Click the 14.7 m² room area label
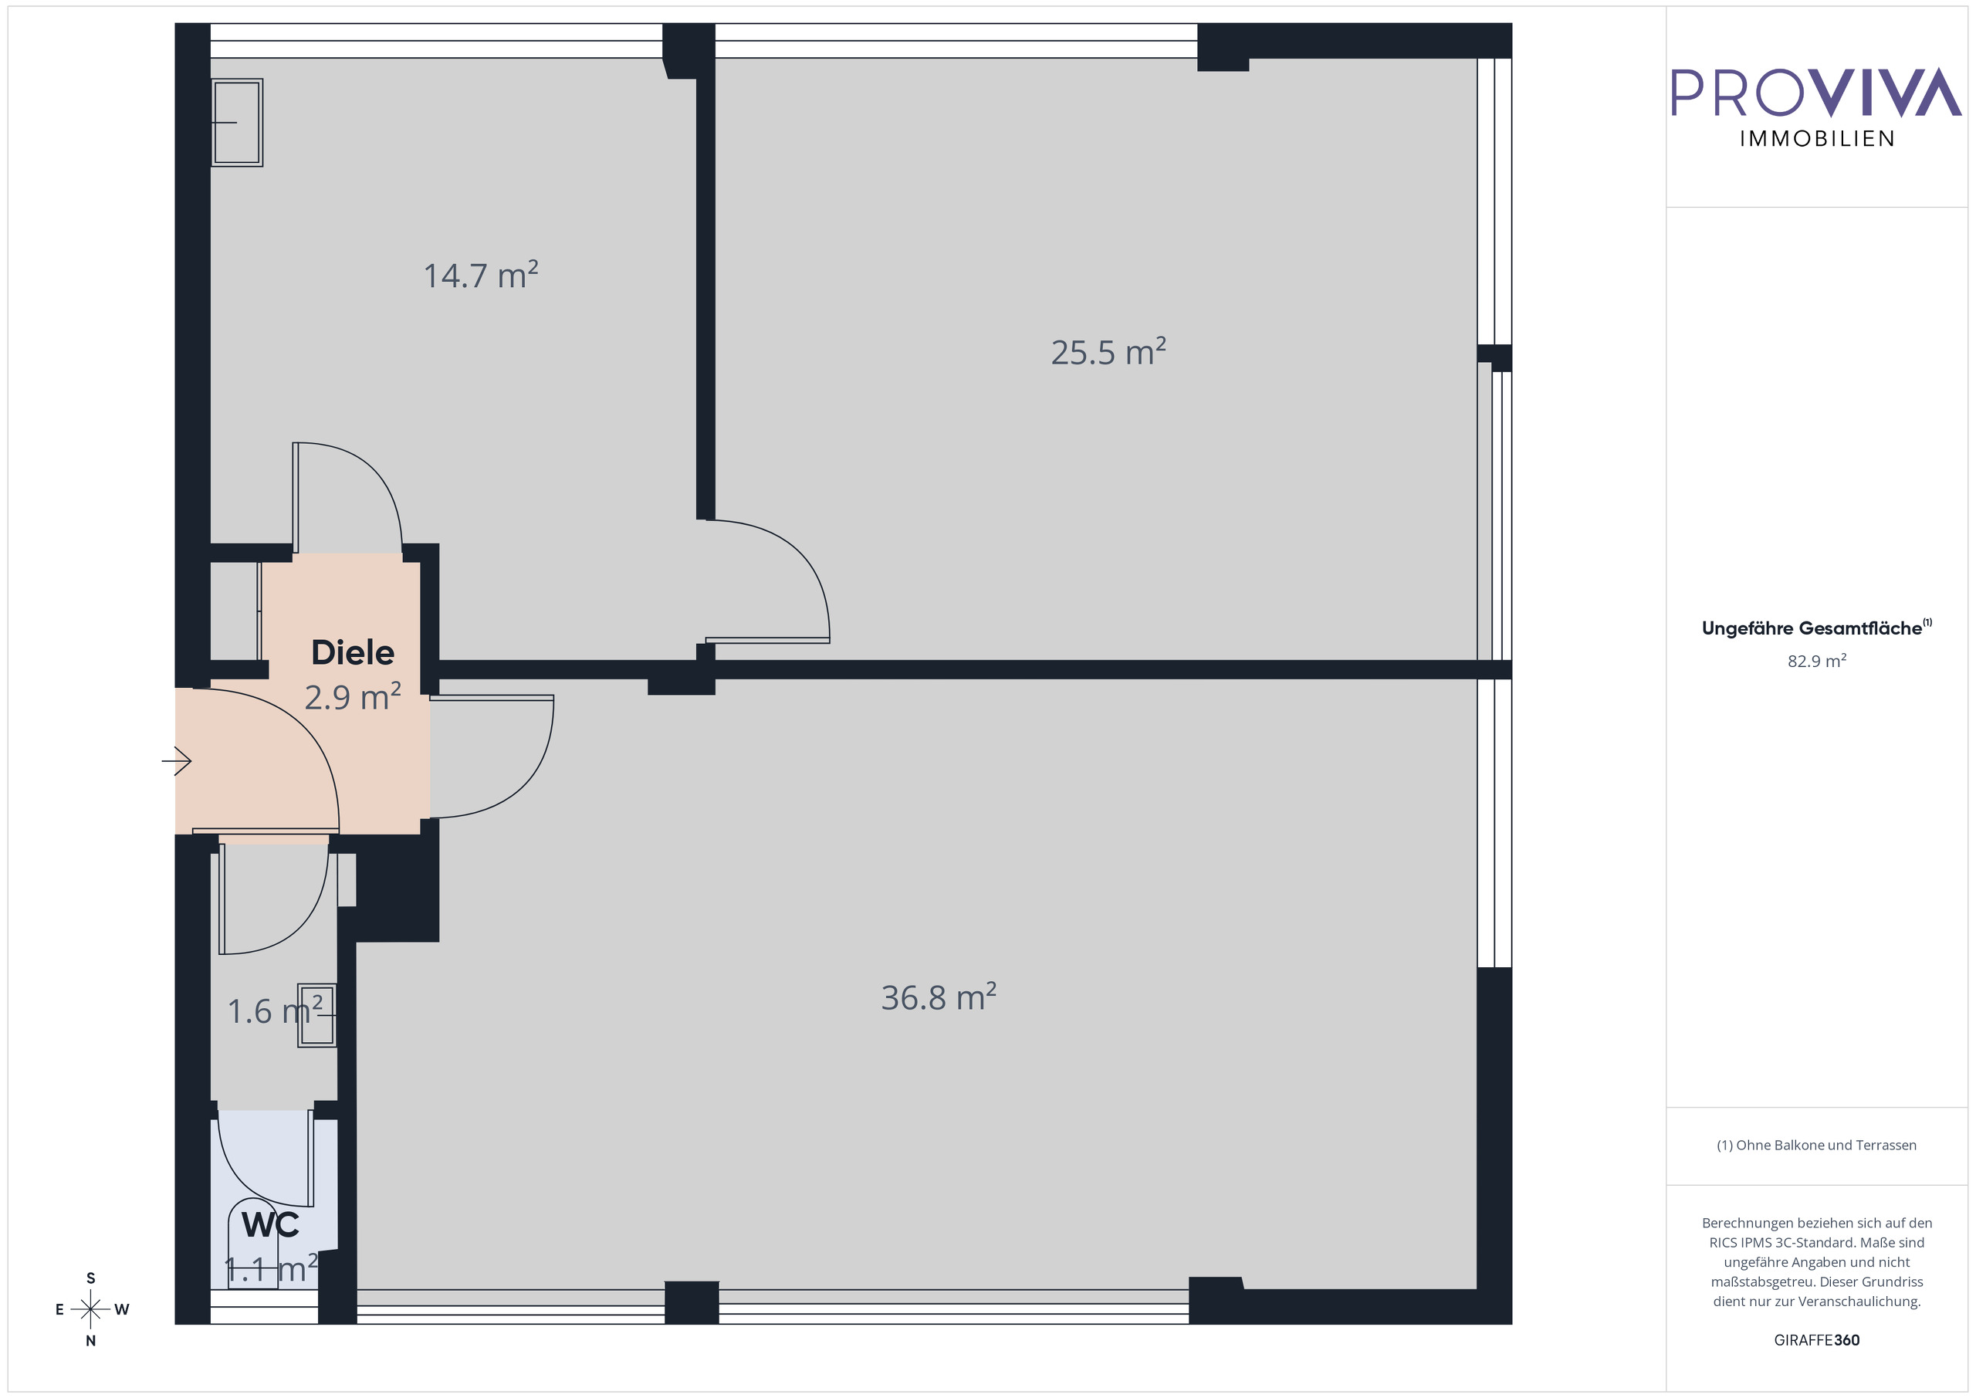pos(480,276)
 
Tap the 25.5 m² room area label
pos(1108,352)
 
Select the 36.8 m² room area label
pos(938,997)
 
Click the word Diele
pos(353,652)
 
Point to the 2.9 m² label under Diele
pos(352,696)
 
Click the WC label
pos(270,1224)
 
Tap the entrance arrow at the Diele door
pos(178,761)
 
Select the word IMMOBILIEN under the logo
pos(1817,140)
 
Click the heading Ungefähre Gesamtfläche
pos(1816,628)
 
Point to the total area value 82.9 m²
pos(1816,661)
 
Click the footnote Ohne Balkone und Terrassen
pos(1816,1145)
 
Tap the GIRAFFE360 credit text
pos(1816,1340)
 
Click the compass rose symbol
pos(90,1309)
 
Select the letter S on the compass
pos(90,1278)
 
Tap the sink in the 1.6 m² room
pos(316,1016)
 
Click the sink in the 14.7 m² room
pos(237,122)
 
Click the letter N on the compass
pos(90,1340)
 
